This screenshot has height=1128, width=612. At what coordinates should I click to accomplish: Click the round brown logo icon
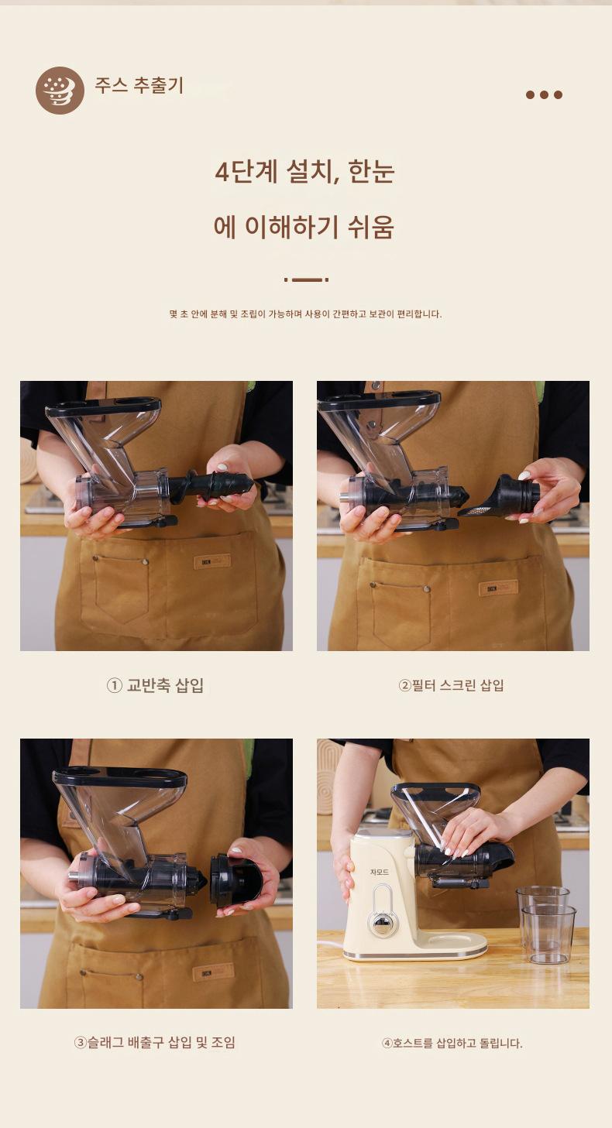point(60,91)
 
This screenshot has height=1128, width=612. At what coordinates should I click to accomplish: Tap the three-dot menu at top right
point(544,94)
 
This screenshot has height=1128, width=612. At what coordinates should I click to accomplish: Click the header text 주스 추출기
point(139,85)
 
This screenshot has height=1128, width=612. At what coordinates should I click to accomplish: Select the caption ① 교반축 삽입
point(155,685)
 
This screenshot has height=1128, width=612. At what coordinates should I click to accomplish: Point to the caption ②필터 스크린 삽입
point(452,685)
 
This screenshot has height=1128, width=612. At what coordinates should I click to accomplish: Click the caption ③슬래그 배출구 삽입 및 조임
point(155,1042)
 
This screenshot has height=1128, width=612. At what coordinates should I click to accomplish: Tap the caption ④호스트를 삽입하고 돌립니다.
point(452,1043)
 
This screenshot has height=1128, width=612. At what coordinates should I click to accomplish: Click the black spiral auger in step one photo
point(211,485)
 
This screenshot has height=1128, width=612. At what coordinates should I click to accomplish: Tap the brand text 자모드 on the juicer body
point(379,872)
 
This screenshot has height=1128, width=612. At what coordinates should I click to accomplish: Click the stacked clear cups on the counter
point(546,924)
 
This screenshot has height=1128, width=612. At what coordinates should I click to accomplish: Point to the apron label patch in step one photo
point(212,561)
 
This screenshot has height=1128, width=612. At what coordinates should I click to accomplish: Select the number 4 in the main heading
point(222,172)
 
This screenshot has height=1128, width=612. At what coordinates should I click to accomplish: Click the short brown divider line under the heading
point(306,279)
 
